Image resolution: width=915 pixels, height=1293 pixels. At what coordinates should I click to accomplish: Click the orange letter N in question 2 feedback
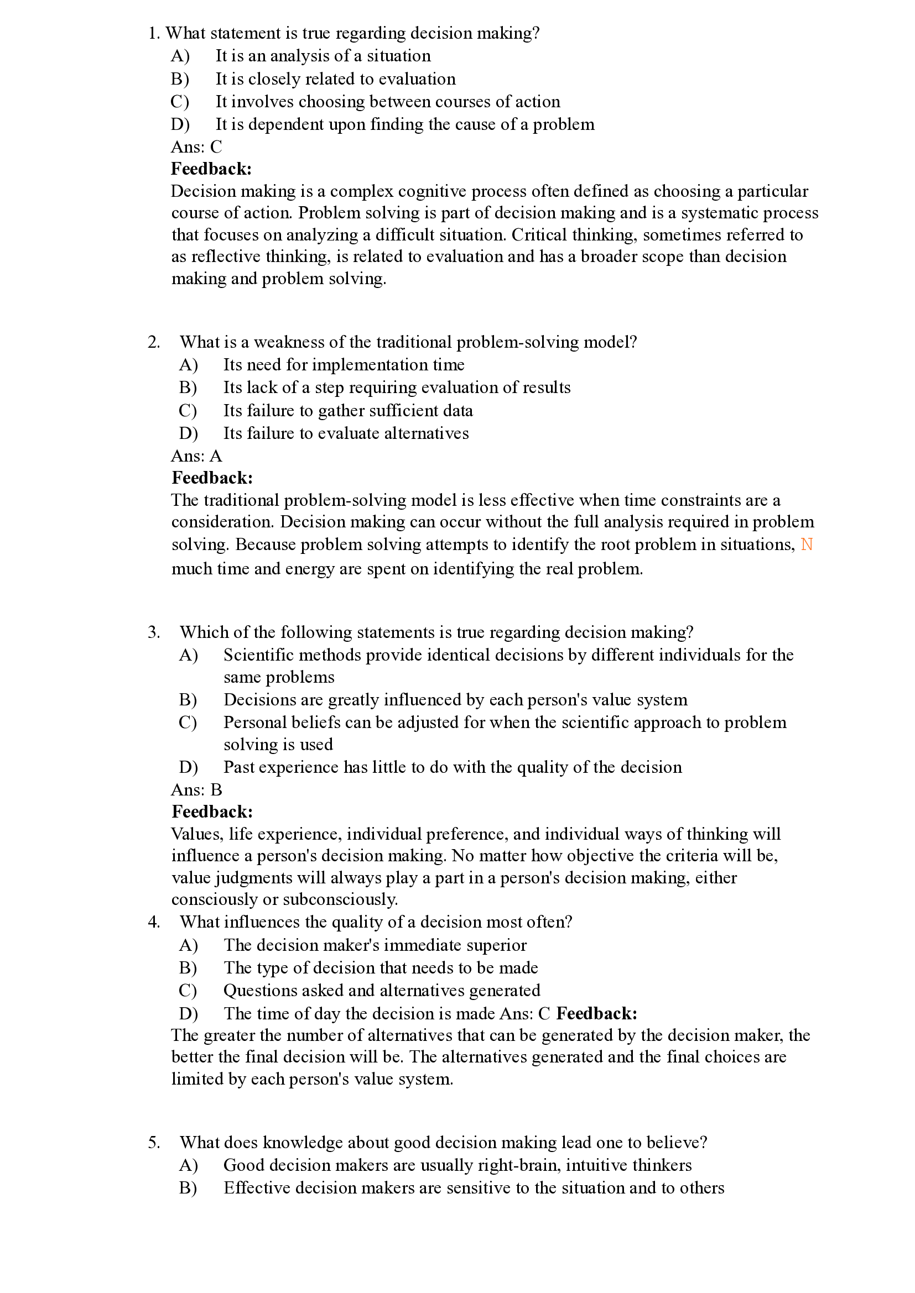point(806,545)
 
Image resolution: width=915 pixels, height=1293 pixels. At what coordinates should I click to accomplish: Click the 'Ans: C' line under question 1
point(196,147)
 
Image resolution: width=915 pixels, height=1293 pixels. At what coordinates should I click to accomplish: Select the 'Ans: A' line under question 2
point(196,456)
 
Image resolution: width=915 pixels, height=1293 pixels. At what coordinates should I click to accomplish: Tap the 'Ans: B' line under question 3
point(196,790)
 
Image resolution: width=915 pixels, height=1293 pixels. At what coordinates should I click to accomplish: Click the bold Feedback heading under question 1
point(211,169)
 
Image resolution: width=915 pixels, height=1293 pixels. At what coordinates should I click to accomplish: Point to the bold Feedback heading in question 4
point(597,1014)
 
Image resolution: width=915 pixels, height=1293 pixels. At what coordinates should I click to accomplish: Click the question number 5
point(154,1143)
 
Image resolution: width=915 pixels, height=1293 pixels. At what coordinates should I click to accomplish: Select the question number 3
point(154,632)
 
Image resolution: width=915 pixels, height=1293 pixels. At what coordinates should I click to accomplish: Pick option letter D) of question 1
point(180,124)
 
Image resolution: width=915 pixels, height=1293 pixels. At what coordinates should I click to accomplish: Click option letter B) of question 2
point(188,388)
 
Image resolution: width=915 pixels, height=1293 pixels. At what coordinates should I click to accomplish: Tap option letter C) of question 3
point(188,723)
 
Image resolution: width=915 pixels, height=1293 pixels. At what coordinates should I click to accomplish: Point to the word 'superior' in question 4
point(501,945)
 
